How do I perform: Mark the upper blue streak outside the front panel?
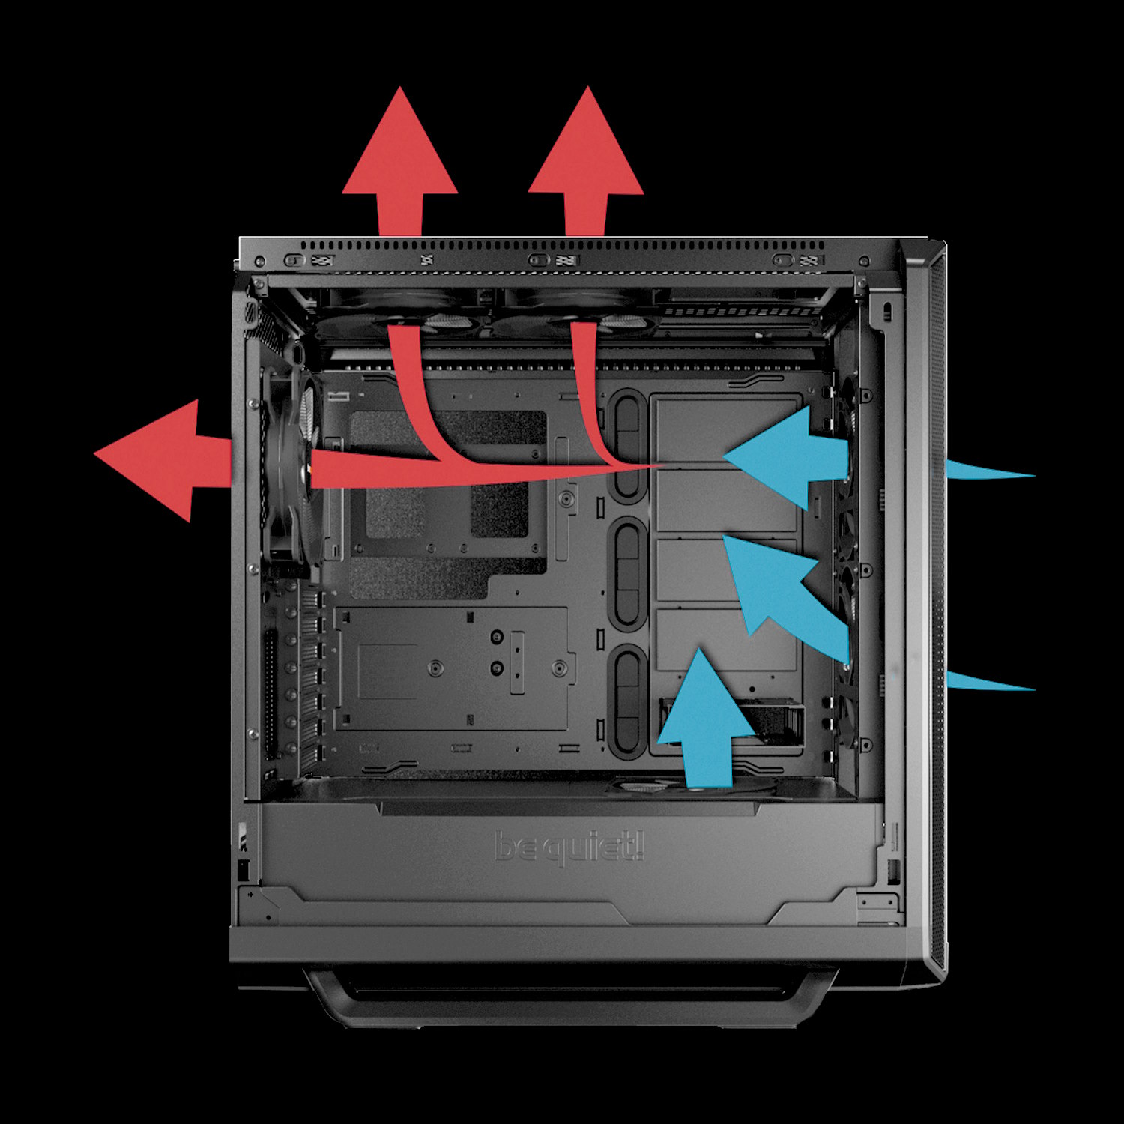tap(989, 471)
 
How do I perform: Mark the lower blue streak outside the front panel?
tap(989, 681)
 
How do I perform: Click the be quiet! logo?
tap(569, 847)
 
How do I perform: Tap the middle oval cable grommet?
tap(627, 572)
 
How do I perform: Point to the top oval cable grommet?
tap(627, 446)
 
